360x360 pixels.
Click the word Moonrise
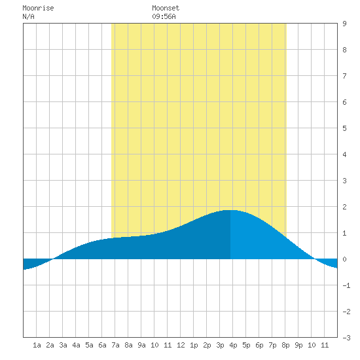coord(38,8)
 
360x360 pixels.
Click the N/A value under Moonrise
coord(28,16)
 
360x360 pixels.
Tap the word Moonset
coord(166,8)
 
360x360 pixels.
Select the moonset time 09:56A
coord(164,16)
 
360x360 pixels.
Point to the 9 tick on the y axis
coord(344,24)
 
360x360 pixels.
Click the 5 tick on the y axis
coord(344,128)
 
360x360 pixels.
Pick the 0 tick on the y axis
coord(344,259)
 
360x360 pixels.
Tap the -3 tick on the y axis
coord(346,338)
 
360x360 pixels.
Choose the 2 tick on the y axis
coord(344,207)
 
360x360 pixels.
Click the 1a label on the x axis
coord(37,345)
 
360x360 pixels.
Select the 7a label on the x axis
coord(115,345)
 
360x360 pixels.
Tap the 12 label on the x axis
coord(181,345)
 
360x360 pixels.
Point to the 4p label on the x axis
coord(233,345)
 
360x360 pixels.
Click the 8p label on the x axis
coord(285,345)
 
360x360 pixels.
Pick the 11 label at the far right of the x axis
coord(325,345)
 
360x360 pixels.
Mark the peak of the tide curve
coord(230,210)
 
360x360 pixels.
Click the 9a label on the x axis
coord(141,345)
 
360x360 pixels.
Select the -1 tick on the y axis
coord(346,285)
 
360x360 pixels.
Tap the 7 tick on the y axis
coord(344,76)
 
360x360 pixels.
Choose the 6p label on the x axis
coord(259,345)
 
